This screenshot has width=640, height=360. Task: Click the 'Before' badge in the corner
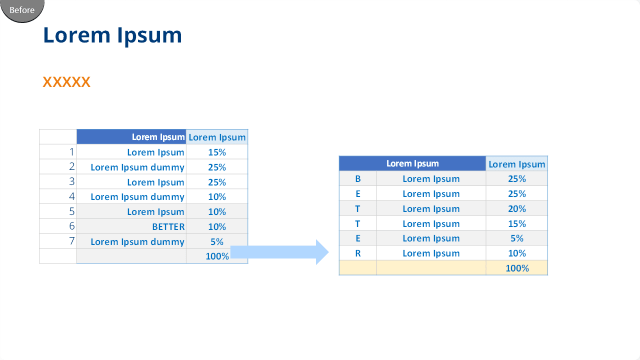pos(22,10)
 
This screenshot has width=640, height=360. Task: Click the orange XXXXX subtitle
pos(66,82)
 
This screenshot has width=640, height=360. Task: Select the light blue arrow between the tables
pos(279,252)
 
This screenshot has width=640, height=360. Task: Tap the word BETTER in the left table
pos(168,227)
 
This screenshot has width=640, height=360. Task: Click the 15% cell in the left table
pos(217,152)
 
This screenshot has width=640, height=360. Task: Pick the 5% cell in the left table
pos(217,241)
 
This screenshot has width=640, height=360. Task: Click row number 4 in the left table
pos(71,196)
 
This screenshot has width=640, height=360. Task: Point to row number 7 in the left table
pos(72,241)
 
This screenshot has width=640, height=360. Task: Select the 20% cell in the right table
pos(517,209)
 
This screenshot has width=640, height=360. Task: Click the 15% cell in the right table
pos(517,223)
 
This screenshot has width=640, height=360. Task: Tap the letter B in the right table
pos(357,179)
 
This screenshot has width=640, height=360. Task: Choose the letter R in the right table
pos(357,253)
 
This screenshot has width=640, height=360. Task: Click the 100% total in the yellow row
pos(517,268)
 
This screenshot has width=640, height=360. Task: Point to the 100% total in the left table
pos(217,256)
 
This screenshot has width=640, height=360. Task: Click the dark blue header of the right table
pos(412,163)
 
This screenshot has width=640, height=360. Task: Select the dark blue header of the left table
pos(131,136)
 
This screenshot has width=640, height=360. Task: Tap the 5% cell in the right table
pos(517,238)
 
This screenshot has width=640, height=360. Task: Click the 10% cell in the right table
pos(517,253)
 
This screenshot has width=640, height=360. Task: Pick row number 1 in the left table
pos(72,152)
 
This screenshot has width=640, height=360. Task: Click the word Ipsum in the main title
pos(149,35)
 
